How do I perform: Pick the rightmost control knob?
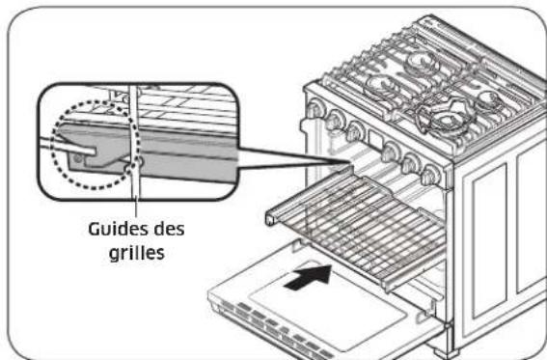[x=432, y=175]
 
